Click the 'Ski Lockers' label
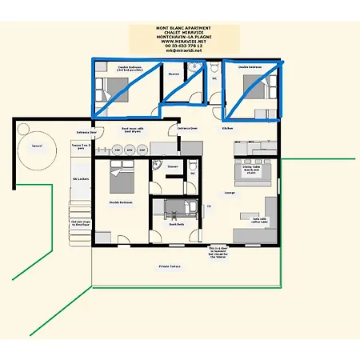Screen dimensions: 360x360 pos(80,178)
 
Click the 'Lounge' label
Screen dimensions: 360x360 pos(229,193)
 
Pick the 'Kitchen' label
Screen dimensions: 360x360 pos(227,128)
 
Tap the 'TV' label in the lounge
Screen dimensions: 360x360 pos(209,206)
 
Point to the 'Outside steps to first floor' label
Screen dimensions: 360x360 pos(81,224)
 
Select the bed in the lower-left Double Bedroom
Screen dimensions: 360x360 pos(120,178)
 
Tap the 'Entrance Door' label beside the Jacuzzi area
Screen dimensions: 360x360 pos(86,131)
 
